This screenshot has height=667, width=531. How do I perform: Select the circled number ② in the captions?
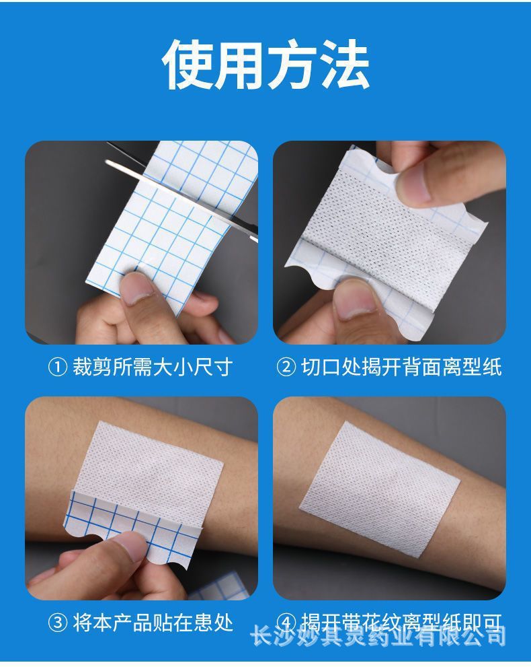(286, 367)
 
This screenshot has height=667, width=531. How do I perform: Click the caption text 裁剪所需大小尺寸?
(153, 367)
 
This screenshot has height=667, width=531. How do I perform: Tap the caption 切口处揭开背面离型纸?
(401, 367)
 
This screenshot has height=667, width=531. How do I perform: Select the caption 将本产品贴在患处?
(153, 623)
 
